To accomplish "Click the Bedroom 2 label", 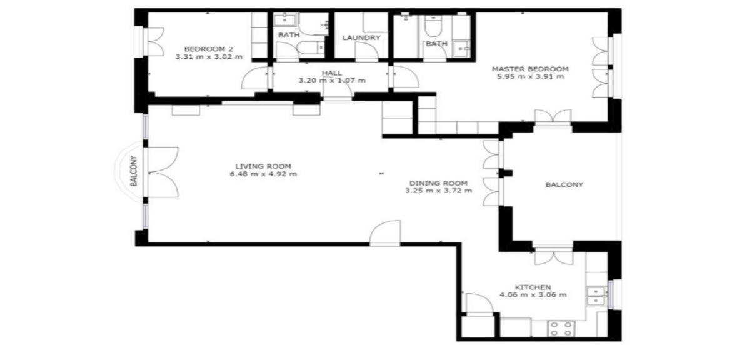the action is (x=209, y=49).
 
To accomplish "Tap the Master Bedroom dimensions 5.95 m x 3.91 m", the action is (x=530, y=77).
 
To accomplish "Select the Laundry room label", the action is (x=361, y=37).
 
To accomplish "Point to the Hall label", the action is (x=332, y=73).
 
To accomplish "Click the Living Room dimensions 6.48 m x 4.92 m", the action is (x=263, y=174).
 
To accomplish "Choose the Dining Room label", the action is (x=438, y=183).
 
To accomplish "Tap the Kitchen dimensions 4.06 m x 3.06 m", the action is (x=533, y=295).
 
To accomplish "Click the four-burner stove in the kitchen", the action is (x=561, y=328).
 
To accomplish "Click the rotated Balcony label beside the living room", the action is (x=134, y=171).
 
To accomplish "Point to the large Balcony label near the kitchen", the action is (x=564, y=185).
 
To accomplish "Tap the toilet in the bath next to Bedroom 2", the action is (x=311, y=47).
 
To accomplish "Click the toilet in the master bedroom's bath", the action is (x=431, y=27).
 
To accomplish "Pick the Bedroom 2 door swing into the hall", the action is (x=255, y=78).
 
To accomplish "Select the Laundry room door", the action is (x=366, y=52).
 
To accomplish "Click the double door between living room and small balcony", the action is (x=162, y=171).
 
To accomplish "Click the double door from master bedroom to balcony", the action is (x=553, y=117).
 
